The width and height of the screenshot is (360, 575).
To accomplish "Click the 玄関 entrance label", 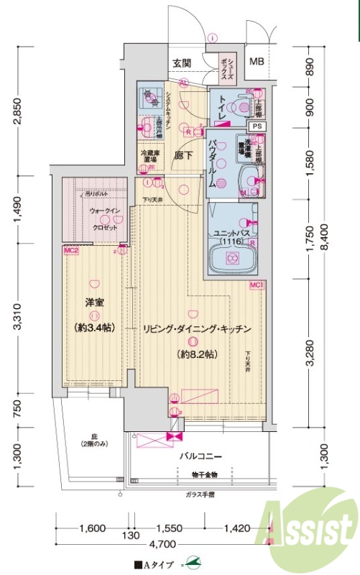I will pyautogui.click(x=182, y=63).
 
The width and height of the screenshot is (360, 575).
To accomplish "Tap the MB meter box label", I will pyautogui.click(x=257, y=62).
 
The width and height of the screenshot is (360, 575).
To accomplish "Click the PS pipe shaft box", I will pyautogui.click(x=258, y=126).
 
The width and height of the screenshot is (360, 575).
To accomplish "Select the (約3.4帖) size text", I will pyautogui.click(x=94, y=328).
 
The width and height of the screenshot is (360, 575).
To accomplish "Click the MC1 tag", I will pyautogui.click(x=257, y=285).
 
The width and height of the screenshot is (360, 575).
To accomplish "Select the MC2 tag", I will pyautogui.click(x=70, y=251).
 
